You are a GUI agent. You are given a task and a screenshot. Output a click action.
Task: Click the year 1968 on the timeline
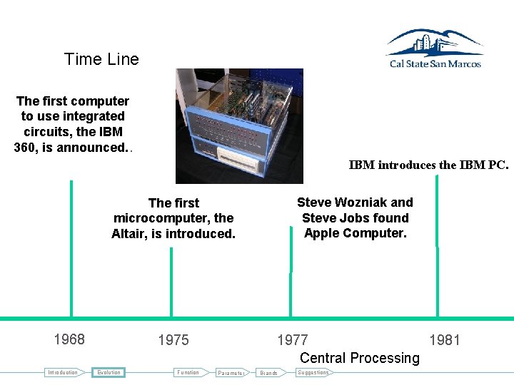[69, 339]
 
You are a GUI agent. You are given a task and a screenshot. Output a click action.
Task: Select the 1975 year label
[173, 340]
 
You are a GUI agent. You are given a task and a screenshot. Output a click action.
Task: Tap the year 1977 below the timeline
[293, 340]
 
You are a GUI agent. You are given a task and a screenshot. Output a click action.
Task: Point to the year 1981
[445, 340]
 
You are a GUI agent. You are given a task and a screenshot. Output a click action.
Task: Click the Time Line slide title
[101, 59]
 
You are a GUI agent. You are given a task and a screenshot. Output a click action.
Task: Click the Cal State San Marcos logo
[434, 48]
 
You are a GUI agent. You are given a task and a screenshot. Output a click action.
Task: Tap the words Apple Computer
[355, 233]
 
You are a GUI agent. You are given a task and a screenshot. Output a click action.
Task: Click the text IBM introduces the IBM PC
[428, 165]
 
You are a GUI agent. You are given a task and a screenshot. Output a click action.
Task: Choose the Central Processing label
[359, 358]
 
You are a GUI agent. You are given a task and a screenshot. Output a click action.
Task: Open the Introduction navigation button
[63, 372]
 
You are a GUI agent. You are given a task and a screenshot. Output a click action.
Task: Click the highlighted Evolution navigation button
[109, 372]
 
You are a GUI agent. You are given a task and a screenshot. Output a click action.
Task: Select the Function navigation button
[188, 372]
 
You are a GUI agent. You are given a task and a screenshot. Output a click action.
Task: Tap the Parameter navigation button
[231, 373]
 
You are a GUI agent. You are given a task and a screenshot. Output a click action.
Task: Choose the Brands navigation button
[268, 373]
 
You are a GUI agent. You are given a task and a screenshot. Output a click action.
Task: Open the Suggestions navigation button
[313, 372]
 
